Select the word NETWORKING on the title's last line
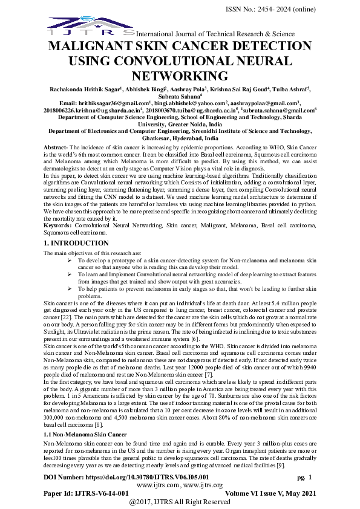pos(180,76)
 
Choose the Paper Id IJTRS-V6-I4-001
pos(86,493)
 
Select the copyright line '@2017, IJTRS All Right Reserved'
pos(180,502)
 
